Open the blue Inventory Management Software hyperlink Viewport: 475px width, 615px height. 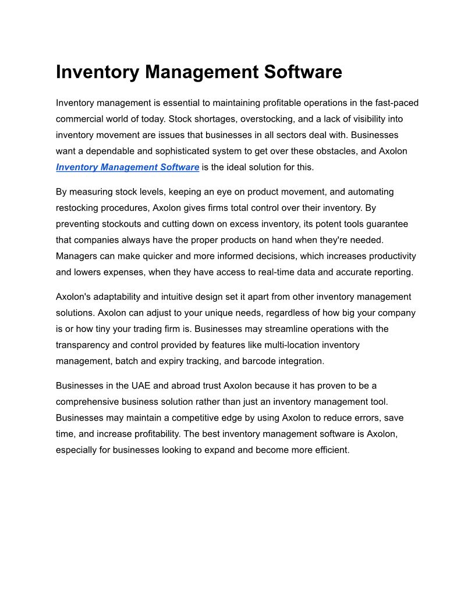point(127,167)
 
